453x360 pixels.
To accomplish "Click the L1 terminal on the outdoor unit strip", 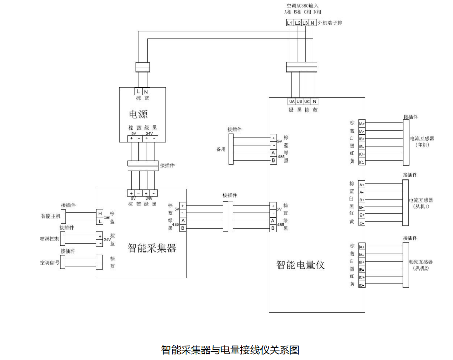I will pos(290,23).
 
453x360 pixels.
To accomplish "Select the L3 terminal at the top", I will pos(305,23).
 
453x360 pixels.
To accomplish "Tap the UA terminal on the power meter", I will pos(292,102).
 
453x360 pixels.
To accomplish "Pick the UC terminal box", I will pos(307,102).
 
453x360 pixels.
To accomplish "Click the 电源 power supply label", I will pos(138,114).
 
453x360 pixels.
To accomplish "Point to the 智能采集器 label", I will pos(152,248).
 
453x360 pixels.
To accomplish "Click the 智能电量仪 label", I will pos(301,265).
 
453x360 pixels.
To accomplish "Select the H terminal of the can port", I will pos(100,213).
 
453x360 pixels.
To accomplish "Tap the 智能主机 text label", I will pos(50,216).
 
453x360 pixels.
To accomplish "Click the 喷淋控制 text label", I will pos(50,239).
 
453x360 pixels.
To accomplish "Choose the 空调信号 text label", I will pos(50,262).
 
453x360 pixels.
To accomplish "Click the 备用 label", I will pos(222,149).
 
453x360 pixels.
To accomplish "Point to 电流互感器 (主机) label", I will pos(422,141).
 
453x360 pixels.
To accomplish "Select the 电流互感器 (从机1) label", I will pos(422,203).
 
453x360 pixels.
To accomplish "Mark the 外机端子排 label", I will pos(330,23).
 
